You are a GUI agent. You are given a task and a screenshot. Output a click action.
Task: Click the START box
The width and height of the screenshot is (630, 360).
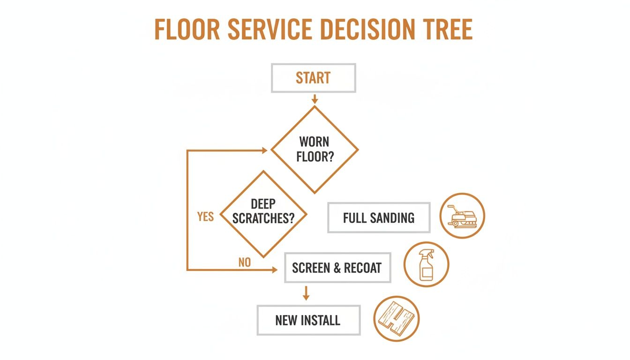[314, 78]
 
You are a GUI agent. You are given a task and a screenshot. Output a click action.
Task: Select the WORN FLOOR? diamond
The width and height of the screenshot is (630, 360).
[315, 150]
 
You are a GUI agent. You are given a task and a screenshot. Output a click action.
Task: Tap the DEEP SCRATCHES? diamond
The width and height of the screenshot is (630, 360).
[263, 214]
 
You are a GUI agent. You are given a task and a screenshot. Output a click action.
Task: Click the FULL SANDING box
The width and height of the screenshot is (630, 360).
[378, 218]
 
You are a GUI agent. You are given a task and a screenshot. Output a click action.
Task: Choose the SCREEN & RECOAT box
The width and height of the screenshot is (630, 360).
[337, 268]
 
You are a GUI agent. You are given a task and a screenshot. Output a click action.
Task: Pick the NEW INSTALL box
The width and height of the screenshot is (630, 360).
[308, 321]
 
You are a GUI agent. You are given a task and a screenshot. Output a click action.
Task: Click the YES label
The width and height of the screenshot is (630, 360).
[205, 217]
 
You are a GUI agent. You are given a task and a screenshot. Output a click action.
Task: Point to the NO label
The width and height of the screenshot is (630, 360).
[244, 262]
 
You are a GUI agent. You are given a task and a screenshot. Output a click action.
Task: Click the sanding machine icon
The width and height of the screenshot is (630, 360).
[462, 216]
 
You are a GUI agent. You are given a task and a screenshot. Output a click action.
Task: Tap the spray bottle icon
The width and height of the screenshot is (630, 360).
[426, 264]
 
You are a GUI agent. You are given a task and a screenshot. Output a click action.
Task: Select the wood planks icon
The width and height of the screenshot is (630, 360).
[397, 318]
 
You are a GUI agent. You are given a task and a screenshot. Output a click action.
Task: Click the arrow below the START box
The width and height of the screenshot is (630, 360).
[315, 98]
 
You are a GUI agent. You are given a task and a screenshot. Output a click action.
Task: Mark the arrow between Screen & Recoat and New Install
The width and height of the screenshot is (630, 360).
[306, 293]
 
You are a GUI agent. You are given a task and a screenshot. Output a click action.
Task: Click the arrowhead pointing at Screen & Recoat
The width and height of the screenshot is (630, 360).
[274, 270]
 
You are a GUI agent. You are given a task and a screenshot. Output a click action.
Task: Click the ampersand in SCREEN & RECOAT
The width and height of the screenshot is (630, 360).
[337, 268]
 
